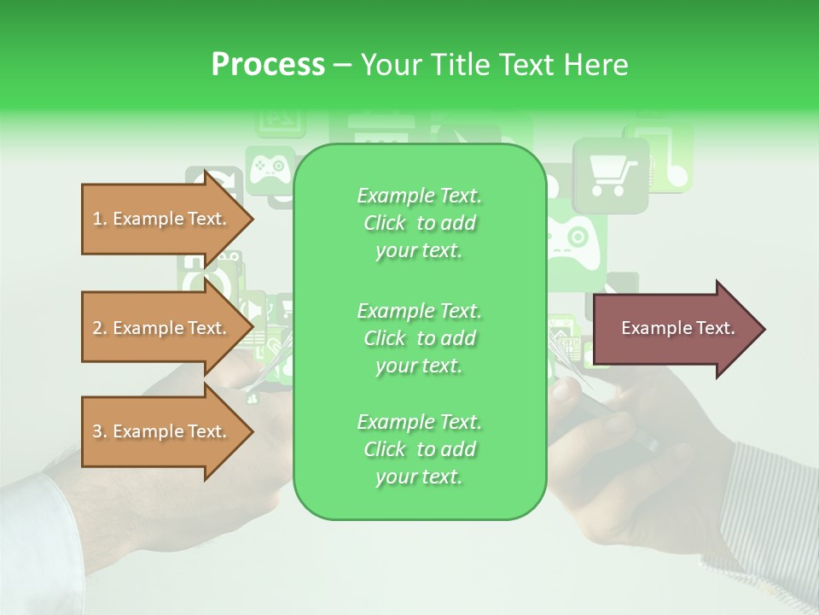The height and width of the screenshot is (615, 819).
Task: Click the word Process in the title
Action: click(268, 65)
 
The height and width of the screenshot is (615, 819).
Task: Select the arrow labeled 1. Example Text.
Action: click(162, 219)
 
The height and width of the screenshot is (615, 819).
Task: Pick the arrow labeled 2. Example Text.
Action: click(162, 328)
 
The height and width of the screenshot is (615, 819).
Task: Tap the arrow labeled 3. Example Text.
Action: click(162, 431)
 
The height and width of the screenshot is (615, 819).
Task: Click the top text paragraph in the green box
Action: click(419, 223)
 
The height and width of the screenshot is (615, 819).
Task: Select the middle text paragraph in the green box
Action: click(419, 337)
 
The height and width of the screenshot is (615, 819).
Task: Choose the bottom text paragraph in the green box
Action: click(419, 449)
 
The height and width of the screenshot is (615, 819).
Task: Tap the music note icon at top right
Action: click(674, 158)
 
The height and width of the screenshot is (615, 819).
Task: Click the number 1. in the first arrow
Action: click(99, 219)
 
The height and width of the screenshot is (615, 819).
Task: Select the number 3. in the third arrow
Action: click(99, 431)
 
